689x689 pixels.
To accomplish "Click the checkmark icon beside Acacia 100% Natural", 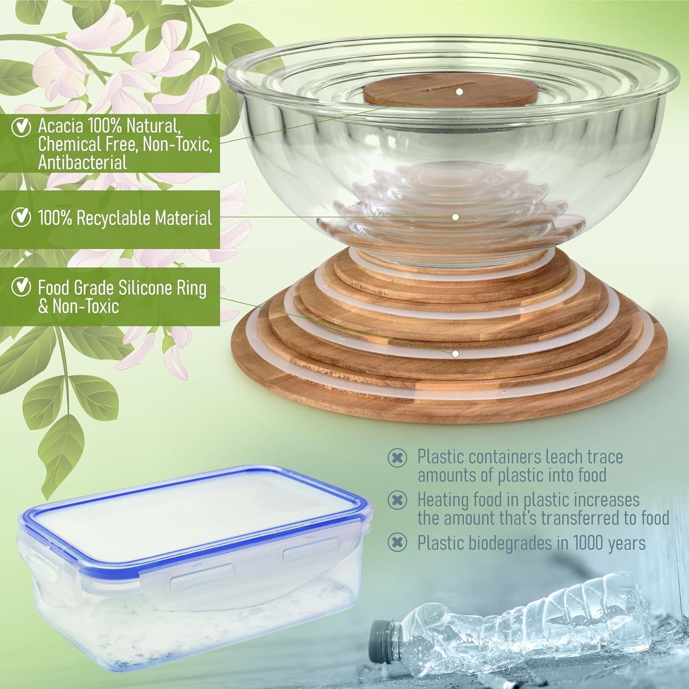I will point(21,127).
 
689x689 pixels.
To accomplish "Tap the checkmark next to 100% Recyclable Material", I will point(21,217).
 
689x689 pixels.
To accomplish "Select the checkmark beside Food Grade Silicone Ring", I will point(21,287).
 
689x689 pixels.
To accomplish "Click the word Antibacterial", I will point(82,163).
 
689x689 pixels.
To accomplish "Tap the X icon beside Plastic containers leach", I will point(397,458).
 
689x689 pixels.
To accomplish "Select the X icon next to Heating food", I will point(397,500).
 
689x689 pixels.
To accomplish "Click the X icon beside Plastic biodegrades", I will point(397,543).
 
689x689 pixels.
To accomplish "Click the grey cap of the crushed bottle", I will point(380,635).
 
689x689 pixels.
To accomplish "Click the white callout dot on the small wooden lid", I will point(459,91).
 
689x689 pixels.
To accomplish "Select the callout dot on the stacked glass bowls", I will point(455,217).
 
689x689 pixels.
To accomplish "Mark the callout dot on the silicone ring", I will point(455,354).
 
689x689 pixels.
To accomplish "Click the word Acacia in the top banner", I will point(61,126).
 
